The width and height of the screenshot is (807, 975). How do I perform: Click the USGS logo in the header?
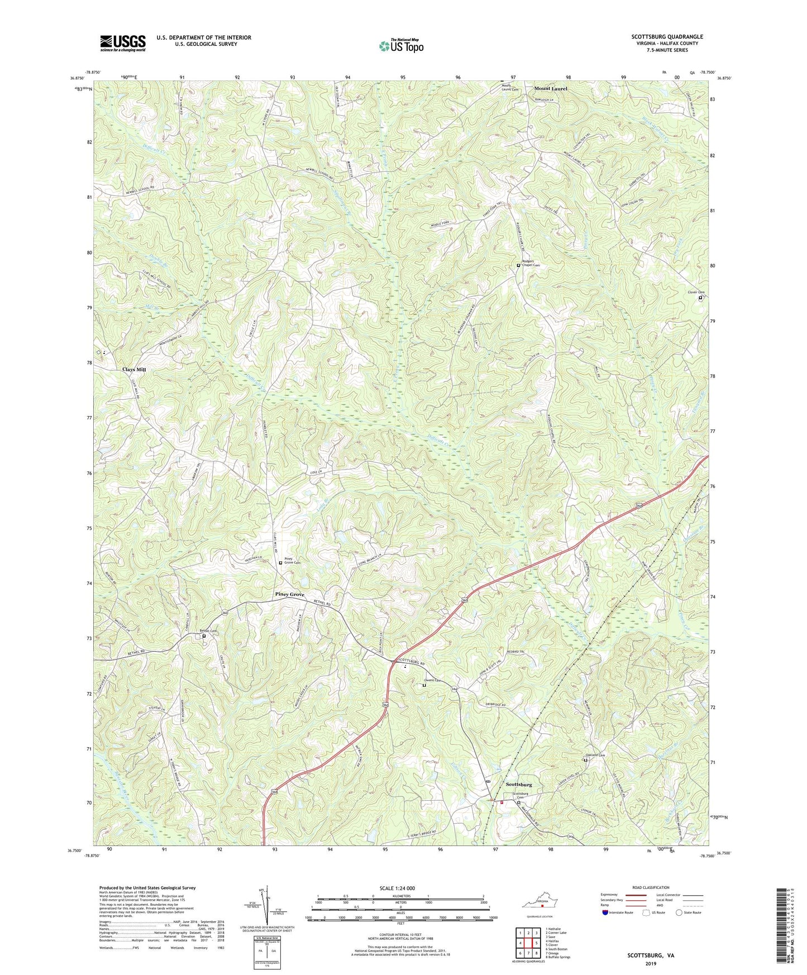click(x=123, y=43)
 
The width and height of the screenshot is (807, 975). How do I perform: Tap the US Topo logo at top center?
click(x=400, y=46)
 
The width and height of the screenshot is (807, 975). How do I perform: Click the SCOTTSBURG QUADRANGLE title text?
click(x=667, y=37)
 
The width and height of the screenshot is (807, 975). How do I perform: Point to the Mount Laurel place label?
click(x=551, y=88)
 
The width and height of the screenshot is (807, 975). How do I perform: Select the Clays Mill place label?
click(x=134, y=370)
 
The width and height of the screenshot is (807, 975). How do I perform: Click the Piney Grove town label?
click(x=289, y=595)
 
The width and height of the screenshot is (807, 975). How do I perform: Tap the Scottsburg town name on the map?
click(x=518, y=785)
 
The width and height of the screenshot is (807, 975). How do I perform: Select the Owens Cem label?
click(x=433, y=681)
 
